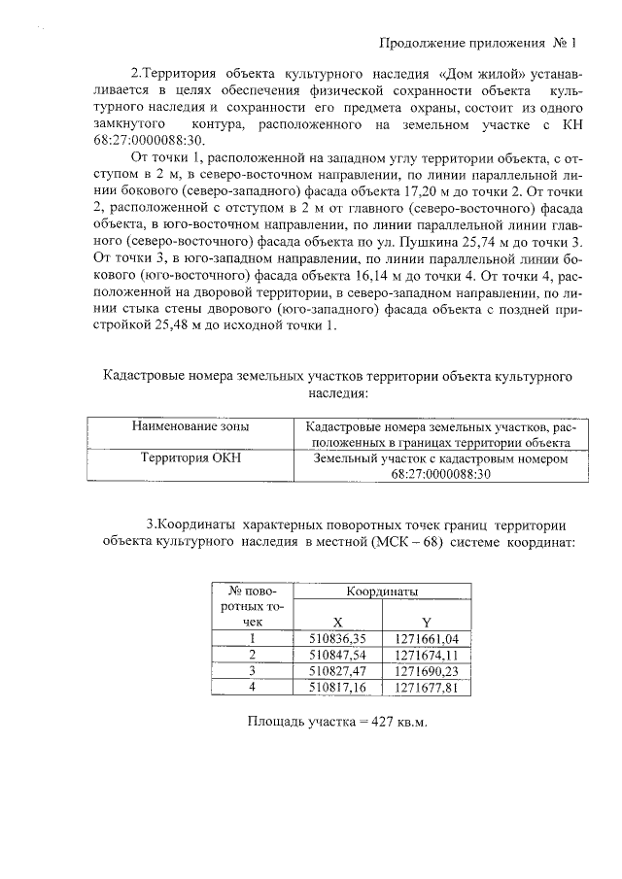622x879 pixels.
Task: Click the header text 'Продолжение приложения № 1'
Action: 476,44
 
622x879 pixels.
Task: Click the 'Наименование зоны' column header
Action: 190,426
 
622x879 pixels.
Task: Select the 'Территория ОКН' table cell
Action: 190,457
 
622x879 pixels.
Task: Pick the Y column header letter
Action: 426,623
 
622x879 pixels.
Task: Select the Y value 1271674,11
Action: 427,655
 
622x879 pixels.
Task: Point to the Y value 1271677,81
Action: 427,687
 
